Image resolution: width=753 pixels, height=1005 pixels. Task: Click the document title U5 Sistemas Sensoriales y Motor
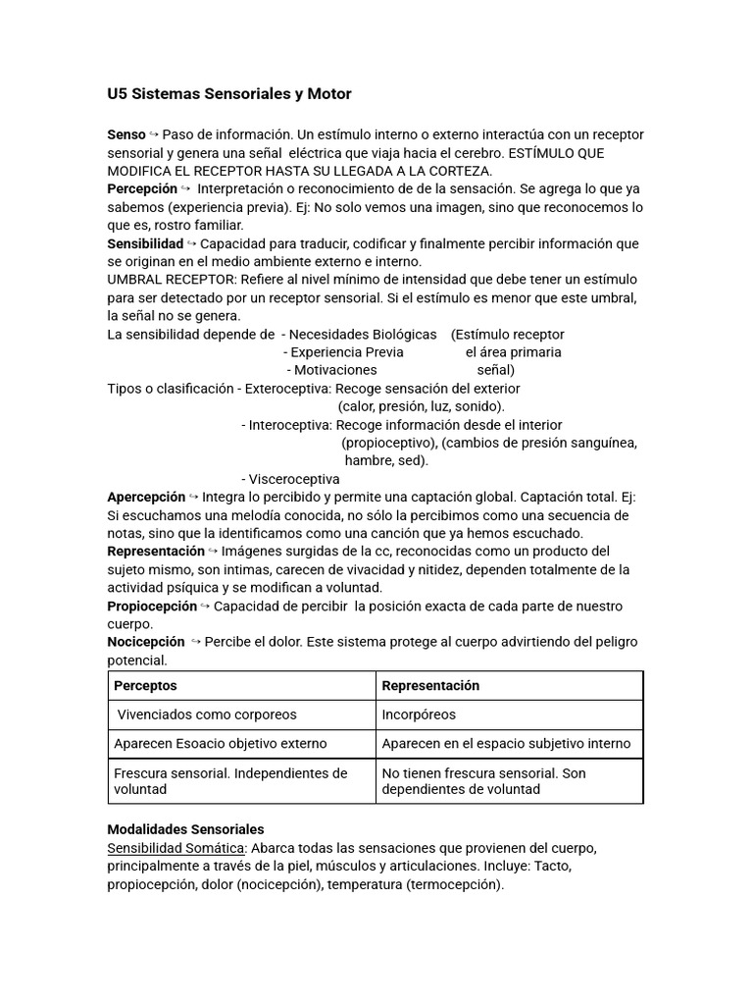click(228, 94)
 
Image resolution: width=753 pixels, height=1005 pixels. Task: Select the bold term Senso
click(126, 133)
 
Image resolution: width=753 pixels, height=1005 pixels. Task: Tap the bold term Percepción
click(142, 188)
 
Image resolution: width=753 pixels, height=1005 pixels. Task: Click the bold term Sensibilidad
click(145, 242)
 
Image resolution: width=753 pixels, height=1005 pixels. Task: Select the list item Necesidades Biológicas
click(363, 335)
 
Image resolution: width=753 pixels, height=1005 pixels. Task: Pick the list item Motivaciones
click(335, 370)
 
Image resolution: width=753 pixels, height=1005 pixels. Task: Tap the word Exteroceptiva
click(287, 389)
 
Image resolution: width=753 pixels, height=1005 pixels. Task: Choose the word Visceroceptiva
click(294, 479)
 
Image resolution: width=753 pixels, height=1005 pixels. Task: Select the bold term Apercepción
click(146, 497)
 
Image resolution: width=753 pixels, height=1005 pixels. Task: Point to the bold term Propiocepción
click(153, 606)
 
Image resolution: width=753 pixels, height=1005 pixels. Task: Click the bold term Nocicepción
click(146, 642)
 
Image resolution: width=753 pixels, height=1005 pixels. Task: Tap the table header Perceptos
click(145, 685)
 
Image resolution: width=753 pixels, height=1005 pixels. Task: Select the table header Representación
click(430, 685)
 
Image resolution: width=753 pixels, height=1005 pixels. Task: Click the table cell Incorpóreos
click(419, 714)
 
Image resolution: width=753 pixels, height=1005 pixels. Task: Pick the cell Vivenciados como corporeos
click(207, 714)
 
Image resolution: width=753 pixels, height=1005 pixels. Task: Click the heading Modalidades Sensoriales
click(185, 829)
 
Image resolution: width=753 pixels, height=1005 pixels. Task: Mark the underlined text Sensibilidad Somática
click(176, 847)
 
